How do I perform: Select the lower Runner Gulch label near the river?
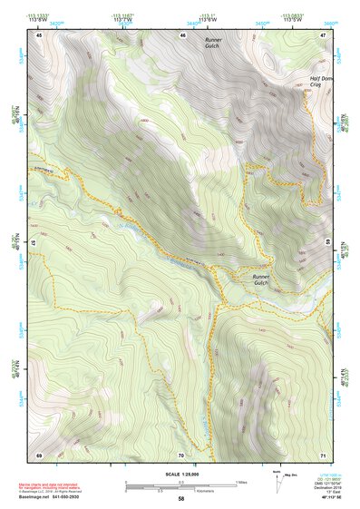click(262, 280)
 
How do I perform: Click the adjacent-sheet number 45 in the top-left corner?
click(39, 34)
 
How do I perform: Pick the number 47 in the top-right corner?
click(323, 34)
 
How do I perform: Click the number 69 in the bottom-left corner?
click(39, 454)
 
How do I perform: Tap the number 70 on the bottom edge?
click(181, 454)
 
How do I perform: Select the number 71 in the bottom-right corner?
click(323, 454)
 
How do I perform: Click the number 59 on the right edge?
click(327, 243)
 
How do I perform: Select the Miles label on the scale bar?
click(240, 482)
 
